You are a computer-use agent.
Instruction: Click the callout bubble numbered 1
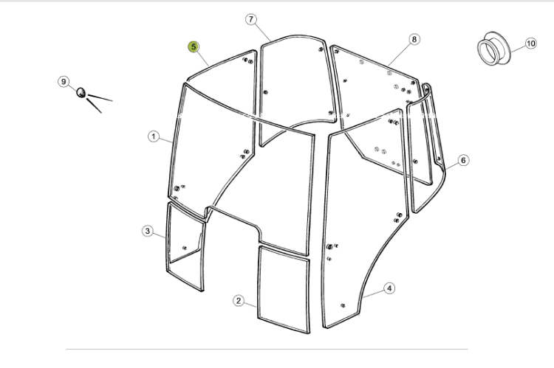coord(154,136)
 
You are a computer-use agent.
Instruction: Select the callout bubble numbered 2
coord(239,301)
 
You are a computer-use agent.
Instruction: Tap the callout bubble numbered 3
coord(148,231)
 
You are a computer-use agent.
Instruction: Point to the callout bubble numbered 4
coord(389,288)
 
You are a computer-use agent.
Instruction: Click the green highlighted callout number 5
coord(194,46)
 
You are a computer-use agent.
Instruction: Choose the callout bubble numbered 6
coord(463,160)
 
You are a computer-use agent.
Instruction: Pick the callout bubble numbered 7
coord(251,19)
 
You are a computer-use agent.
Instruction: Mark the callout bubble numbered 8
coord(414,39)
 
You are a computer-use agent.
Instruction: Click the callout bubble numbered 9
coord(64,82)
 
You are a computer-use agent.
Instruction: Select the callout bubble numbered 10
coord(530,44)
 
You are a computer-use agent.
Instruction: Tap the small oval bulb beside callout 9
coord(81,92)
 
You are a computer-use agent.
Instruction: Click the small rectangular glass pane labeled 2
coord(284,289)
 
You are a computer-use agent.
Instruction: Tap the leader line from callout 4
coord(373,294)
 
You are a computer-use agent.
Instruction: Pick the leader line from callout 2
coord(250,305)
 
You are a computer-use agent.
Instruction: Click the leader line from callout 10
coord(518,49)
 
